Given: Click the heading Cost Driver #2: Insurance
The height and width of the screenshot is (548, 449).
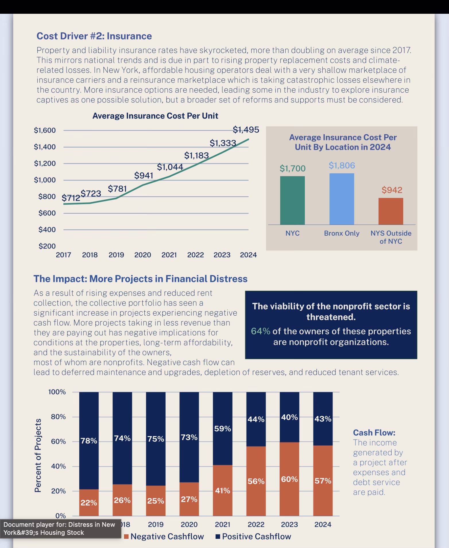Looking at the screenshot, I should click(x=94, y=36).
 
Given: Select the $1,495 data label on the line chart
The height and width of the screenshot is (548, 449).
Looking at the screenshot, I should click(x=246, y=130).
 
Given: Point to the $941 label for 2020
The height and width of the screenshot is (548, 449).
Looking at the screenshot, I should click(x=144, y=175).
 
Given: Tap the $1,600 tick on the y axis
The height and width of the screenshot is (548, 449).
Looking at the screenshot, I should click(x=45, y=131).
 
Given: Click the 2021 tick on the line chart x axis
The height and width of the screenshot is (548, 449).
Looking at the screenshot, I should click(x=169, y=255).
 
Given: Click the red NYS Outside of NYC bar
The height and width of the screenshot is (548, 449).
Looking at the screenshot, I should click(x=391, y=211).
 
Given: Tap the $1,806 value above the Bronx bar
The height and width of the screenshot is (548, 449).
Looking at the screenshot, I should click(x=342, y=166).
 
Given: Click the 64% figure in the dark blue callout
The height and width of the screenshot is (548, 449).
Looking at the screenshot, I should click(x=260, y=331).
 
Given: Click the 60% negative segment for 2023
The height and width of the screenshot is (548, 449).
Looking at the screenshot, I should click(x=289, y=479).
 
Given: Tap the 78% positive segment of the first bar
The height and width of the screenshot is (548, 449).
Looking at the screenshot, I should click(x=89, y=441).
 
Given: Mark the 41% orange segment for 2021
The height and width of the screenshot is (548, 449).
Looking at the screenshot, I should click(x=222, y=491).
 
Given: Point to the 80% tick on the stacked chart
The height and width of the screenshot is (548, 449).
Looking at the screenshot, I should click(x=58, y=417).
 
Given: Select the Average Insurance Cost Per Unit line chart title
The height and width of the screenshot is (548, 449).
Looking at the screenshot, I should click(x=155, y=116).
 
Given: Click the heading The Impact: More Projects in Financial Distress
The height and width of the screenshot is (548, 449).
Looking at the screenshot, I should click(x=140, y=279).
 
